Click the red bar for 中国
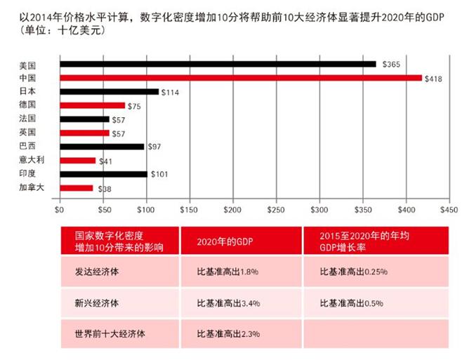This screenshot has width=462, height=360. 240,78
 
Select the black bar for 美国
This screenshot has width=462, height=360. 218,64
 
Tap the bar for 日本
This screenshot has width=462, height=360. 109,92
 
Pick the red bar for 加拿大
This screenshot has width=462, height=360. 76,188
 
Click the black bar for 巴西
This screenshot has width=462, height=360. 102,147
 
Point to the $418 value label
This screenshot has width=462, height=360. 433,78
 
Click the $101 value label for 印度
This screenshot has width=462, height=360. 158,174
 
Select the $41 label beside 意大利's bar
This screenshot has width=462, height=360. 106,161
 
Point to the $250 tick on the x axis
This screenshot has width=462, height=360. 276,208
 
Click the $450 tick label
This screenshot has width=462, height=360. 449,208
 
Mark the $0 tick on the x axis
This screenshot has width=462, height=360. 60,208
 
